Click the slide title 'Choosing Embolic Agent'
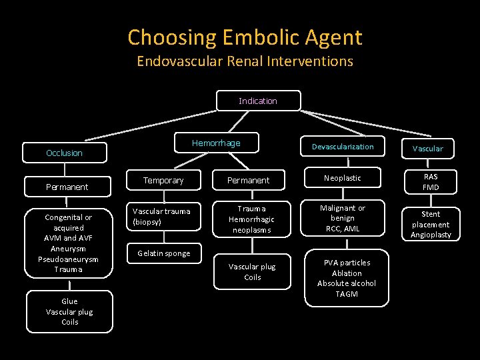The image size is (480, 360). click(x=245, y=37)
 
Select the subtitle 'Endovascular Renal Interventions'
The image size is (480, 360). click(x=245, y=61)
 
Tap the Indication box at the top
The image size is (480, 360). click(x=258, y=101)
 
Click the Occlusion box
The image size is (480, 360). click(x=65, y=153)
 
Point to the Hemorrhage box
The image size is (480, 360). click(x=216, y=143)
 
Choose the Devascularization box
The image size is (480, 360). click(x=343, y=147)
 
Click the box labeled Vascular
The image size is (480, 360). click(x=427, y=149)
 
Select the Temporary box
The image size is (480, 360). click(x=163, y=180)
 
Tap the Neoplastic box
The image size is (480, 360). click(x=343, y=179)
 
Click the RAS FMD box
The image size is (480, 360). click(x=430, y=181)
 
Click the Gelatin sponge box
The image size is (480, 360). click(x=163, y=253)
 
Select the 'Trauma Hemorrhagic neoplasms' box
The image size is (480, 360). click(x=252, y=219)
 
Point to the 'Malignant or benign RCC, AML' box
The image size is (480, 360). click(x=343, y=218)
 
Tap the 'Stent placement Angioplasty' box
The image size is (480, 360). click(x=431, y=224)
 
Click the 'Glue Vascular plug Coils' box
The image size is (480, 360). click(x=69, y=311)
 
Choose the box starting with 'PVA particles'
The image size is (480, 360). click(x=347, y=278)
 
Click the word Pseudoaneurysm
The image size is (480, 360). click(x=69, y=259)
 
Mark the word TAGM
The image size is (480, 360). click(x=347, y=294)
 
